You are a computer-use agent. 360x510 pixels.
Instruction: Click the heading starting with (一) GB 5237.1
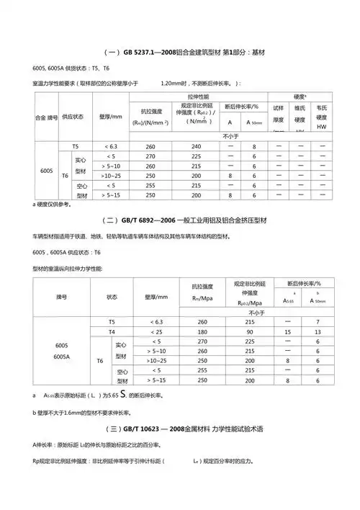[180, 53]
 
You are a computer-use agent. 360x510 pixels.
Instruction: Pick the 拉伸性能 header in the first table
[197, 95]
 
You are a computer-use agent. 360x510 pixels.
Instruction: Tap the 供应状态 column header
[73, 115]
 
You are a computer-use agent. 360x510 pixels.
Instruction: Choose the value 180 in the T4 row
[202, 332]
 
